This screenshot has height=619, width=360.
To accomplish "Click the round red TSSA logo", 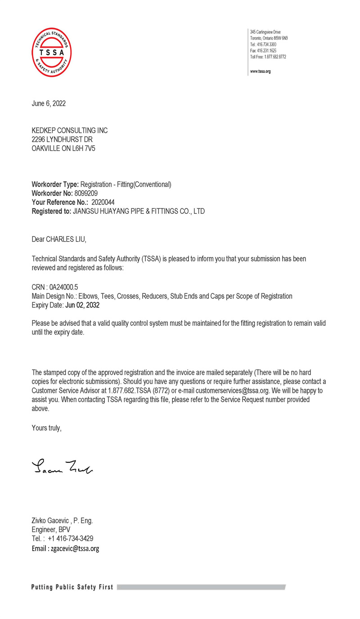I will tap(51, 52).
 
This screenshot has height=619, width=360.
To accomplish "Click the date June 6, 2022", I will tap(49, 104).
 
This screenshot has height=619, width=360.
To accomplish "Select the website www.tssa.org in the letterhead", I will tap(261, 72).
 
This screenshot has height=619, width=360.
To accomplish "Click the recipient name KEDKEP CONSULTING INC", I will tap(70, 131).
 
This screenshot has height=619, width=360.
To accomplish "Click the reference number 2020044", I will tap(103, 202).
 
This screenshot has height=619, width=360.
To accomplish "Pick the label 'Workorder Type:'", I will tap(55, 184).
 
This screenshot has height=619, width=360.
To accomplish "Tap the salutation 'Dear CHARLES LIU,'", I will tap(58, 239).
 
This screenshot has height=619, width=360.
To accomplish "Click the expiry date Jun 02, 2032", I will tap(82, 305).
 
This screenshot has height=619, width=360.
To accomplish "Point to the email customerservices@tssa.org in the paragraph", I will tap(232, 391).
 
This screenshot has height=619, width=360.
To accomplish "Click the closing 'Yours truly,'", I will tap(46, 428).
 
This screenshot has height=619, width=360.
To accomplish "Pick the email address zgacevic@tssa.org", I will tap(75, 548).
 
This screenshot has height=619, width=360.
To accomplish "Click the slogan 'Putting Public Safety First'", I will tap(72, 587).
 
